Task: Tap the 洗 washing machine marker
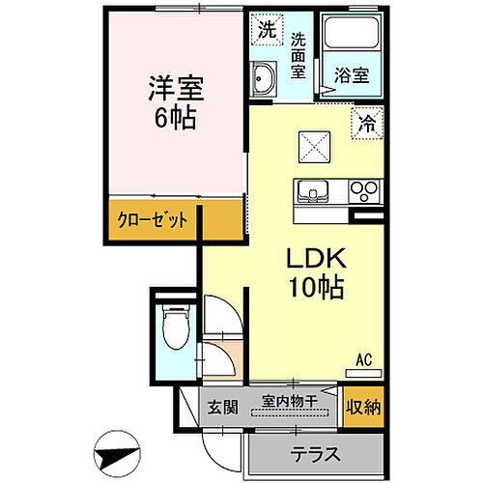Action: pyautogui.click(x=265, y=29)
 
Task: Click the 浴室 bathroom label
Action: pyautogui.click(x=349, y=71)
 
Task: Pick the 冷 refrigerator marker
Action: pyautogui.click(x=366, y=123)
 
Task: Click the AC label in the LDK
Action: pyautogui.click(x=365, y=361)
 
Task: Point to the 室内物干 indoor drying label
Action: pyautogui.click(x=291, y=399)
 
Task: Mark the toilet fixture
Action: pyautogui.click(x=175, y=327)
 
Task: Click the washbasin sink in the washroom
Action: pyautogui.click(x=262, y=80)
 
